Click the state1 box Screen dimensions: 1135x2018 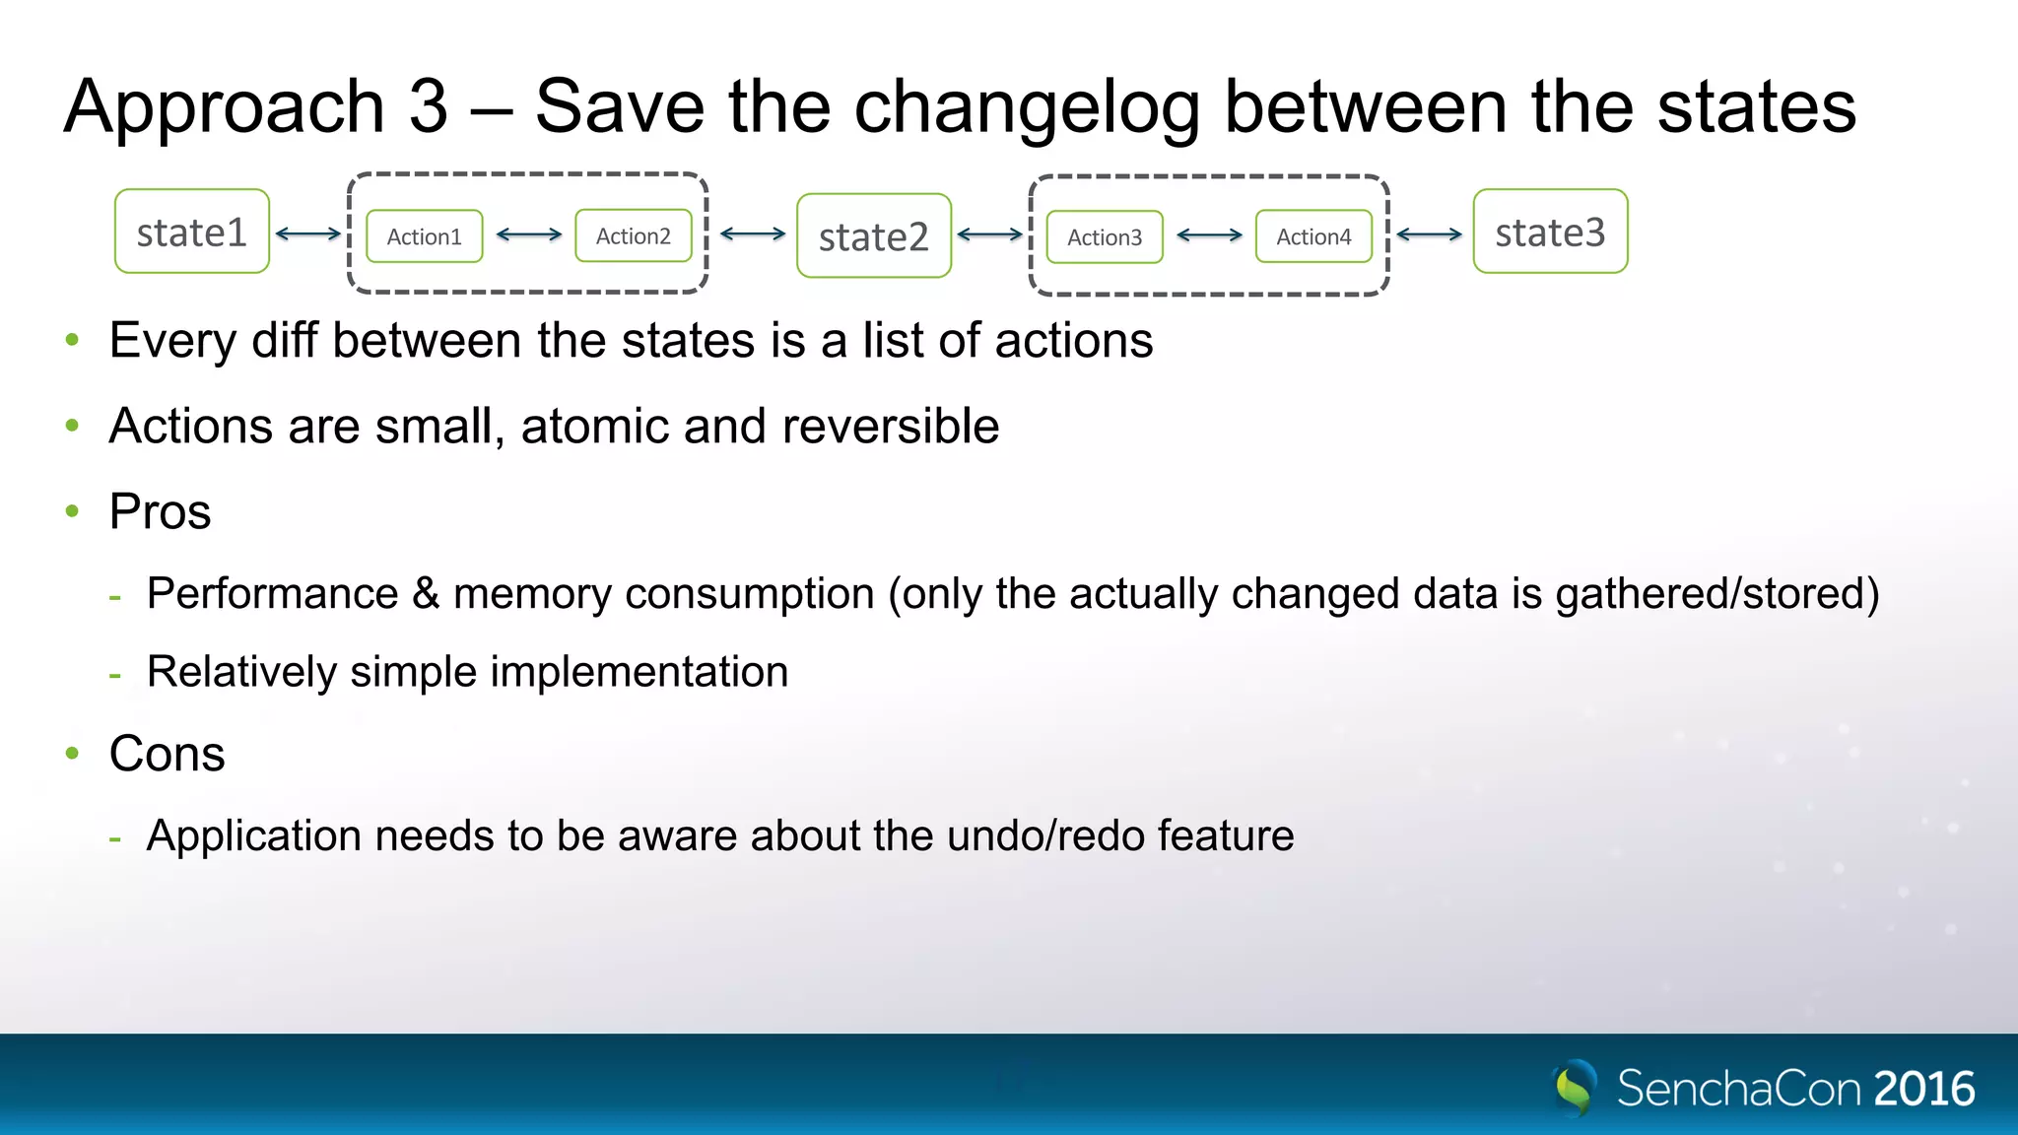coord(192,232)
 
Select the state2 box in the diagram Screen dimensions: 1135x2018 coord(874,236)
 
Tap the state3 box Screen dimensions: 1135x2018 coord(1550,232)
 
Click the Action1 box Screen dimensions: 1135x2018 coord(425,236)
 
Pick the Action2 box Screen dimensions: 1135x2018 coord(634,235)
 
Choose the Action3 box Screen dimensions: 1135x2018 coord(1105,237)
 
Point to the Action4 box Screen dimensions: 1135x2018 coord(1313,236)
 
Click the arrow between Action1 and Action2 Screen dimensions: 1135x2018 coord(529,234)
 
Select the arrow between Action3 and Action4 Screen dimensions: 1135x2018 coord(1210,235)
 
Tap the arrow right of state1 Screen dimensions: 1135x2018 coord(308,234)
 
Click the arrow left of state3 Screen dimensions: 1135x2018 coord(1430,234)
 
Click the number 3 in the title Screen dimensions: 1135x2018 coord(429,106)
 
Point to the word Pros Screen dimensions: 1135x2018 coord(160,511)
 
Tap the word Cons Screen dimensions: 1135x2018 coord(167,754)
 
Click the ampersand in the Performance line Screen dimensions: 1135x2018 coord(426,593)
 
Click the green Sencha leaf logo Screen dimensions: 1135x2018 coord(1575,1088)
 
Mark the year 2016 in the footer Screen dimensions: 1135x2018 coord(1924,1089)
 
